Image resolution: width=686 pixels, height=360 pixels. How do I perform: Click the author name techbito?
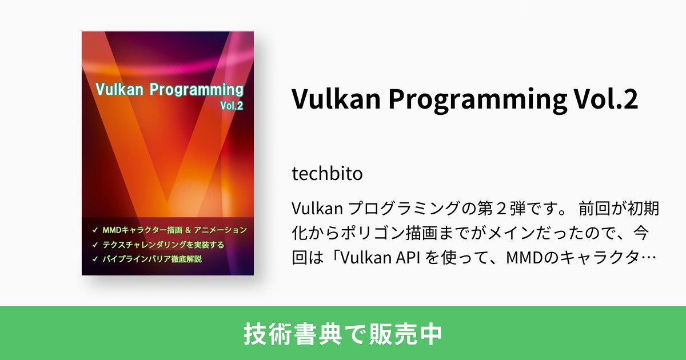(327, 173)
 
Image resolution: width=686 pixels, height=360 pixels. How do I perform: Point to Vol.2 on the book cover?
(232, 106)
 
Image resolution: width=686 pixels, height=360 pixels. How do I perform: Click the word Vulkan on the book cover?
(119, 90)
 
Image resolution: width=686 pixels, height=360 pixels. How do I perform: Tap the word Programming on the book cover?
(197, 90)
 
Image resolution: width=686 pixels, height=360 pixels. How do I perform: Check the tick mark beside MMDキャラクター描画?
(94, 230)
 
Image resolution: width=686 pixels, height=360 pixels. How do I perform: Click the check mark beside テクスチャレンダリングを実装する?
(94, 245)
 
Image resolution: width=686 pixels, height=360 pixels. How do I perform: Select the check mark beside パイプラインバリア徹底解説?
(94, 259)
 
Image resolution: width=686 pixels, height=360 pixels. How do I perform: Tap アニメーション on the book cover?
(220, 230)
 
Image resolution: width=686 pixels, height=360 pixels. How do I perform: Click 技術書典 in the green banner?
(287, 334)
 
